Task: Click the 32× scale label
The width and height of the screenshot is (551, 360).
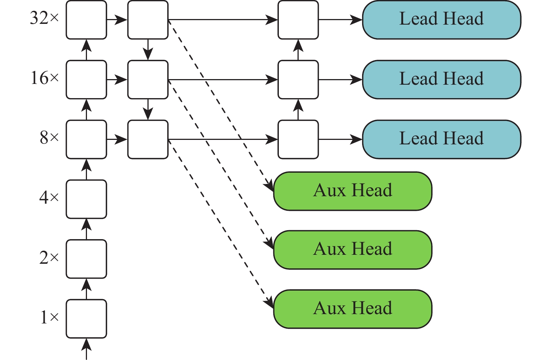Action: click(x=44, y=18)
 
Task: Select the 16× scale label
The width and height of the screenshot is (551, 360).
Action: click(x=44, y=78)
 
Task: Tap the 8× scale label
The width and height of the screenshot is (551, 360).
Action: click(x=49, y=138)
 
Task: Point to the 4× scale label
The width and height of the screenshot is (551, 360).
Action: click(x=49, y=197)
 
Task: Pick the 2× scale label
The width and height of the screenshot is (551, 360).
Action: click(x=49, y=257)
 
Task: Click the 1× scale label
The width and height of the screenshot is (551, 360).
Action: click(x=49, y=317)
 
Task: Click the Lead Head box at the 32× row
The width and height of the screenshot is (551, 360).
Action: click(x=441, y=20)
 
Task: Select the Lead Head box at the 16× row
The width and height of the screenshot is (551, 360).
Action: click(x=441, y=79)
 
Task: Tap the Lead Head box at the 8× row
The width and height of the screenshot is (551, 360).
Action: click(x=441, y=139)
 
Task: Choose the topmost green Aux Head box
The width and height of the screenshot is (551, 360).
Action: click(x=353, y=191)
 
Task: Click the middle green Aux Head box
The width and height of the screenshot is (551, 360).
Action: click(x=353, y=250)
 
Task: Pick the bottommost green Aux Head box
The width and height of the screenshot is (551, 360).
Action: click(x=353, y=309)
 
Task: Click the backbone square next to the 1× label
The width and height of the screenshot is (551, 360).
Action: click(x=86, y=319)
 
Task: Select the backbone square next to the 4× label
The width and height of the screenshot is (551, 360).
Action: click(x=86, y=199)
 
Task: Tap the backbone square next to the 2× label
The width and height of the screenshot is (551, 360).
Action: click(x=86, y=259)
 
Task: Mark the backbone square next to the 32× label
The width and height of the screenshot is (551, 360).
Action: click(x=86, y=20)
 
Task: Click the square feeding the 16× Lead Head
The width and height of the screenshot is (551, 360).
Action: click(x=298, y=79)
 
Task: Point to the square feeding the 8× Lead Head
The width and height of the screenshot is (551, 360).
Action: click(x=298, y=139)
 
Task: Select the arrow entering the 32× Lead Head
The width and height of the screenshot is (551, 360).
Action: click(x=340, y=20)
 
